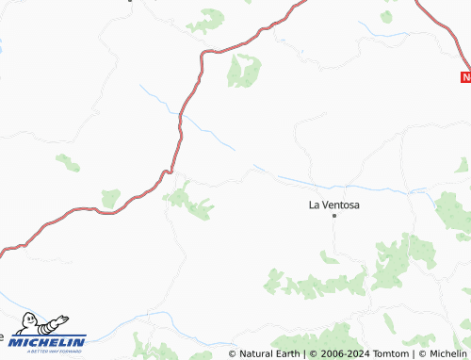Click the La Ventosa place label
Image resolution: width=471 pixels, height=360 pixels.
pos(334,204)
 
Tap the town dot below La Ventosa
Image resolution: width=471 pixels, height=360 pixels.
pos(333,216)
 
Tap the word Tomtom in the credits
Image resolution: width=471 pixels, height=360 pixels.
pos(391,353)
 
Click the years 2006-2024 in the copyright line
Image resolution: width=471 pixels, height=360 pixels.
pos(340,353)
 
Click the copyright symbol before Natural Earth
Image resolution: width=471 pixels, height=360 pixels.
pos(233,353)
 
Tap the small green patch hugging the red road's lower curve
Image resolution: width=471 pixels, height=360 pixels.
pos(111,199)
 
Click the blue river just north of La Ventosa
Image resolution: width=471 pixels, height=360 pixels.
pos(311,181)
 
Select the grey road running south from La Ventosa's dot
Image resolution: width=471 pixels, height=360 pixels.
pos(335,240)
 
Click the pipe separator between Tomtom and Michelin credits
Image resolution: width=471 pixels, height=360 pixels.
pos(414,353)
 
